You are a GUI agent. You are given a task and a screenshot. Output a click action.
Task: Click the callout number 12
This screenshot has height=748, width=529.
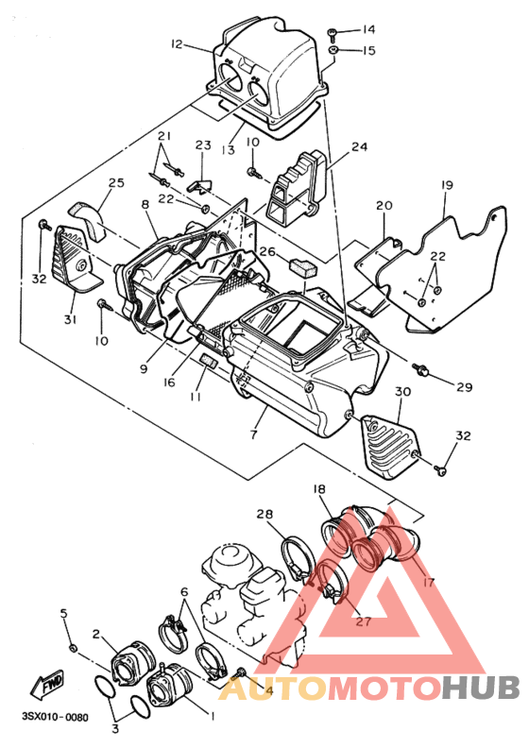[177, 44]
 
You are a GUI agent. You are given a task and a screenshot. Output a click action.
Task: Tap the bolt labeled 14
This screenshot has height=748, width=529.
[334, 32]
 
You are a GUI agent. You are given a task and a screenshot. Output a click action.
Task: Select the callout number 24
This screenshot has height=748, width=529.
[359, 146]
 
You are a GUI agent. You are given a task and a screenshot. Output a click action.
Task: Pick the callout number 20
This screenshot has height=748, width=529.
[384, 205]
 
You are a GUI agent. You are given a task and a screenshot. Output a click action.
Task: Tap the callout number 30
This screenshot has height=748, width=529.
[402, 391]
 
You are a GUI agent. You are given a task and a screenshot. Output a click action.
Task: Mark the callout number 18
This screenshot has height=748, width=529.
[319, 489]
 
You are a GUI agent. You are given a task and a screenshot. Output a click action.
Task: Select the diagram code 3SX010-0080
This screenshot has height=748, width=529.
[56, 717]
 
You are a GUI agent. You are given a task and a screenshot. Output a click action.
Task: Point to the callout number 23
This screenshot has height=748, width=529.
[204, 144]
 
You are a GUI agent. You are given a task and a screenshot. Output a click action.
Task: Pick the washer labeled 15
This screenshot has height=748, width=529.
[334, 50]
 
